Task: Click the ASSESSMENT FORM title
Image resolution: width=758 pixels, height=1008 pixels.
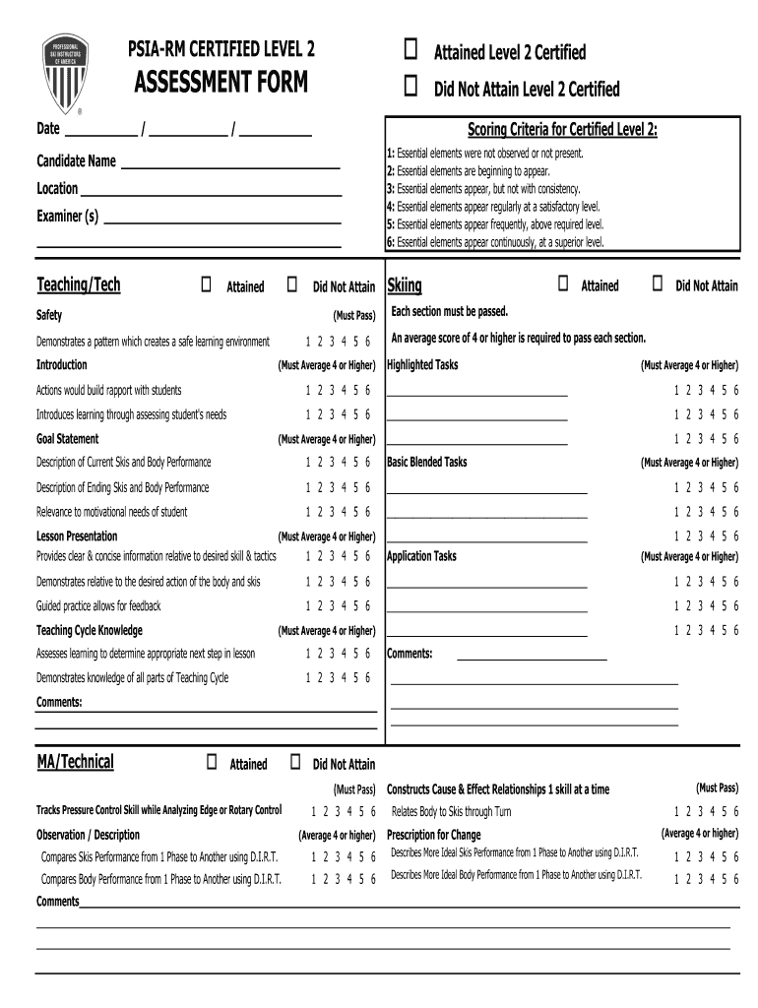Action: [x=221, y=85]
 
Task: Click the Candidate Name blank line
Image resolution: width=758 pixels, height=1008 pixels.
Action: [x=230, y=167]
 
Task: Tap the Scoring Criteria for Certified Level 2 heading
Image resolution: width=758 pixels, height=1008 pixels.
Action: [x=562, y=130]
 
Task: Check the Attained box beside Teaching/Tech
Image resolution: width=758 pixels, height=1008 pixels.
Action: [x=207, y=285]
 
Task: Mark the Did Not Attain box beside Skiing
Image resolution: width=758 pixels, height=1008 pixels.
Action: [x=657, y=284]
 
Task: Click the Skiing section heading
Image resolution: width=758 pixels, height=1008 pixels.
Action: [x=405, y=285]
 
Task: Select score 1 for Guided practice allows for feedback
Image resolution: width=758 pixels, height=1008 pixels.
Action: [x=308, y=606]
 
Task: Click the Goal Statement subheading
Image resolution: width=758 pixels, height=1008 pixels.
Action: [x=67, y=439]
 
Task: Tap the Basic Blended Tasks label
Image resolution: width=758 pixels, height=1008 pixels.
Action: [x=427, y=462]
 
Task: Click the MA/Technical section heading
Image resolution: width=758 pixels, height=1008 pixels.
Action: [x=75, y=761]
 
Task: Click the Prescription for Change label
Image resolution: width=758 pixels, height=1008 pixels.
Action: [x=434, y=835]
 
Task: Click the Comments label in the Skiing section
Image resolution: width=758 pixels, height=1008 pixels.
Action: [x=410, y=653]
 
